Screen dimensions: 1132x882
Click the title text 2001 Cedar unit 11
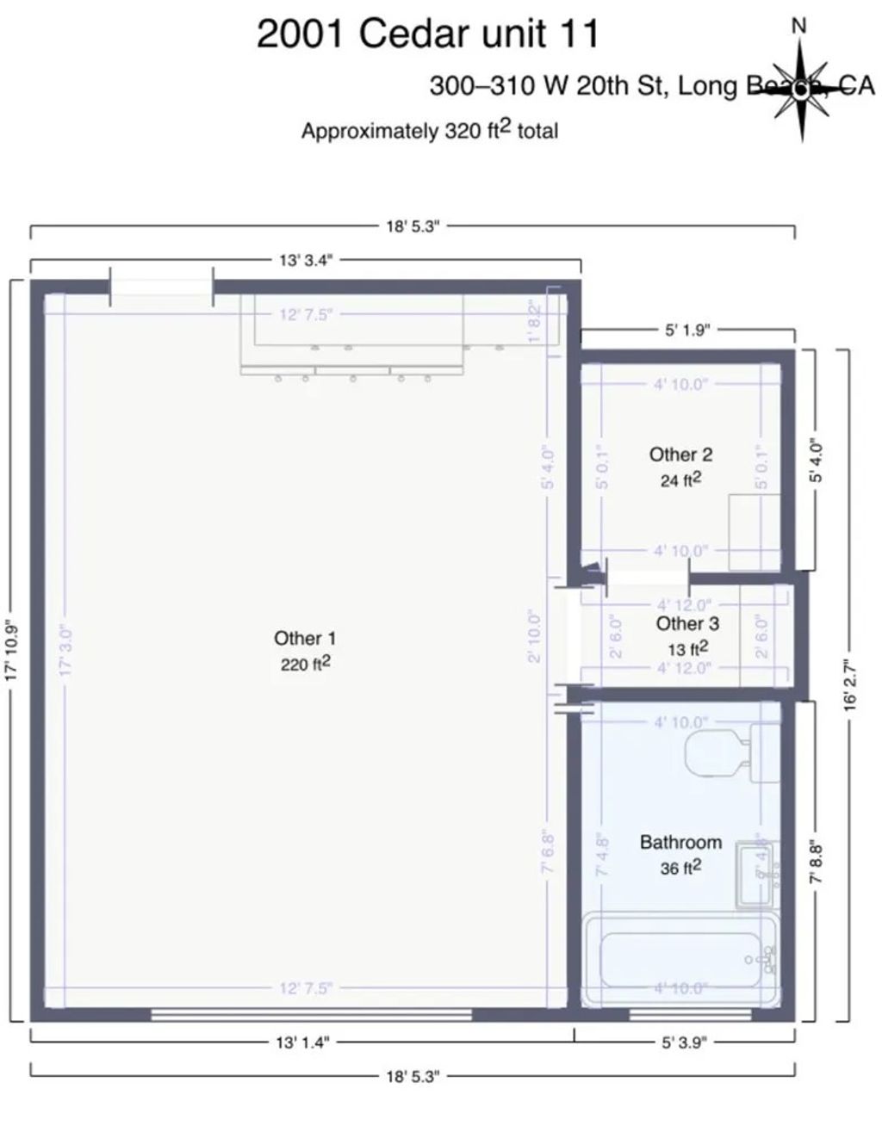(x=427, y=34)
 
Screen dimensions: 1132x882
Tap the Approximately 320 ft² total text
(x=429, y=131)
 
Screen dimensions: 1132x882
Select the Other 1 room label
(x=305, y=638)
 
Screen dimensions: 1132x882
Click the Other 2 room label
(x=680, y=455)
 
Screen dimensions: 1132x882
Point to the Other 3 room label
(x=686, y=623)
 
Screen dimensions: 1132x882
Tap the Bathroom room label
(x=680, y=842)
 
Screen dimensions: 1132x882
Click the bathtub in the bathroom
(x=680, y=960)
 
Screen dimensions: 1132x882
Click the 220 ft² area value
(x=305, y=664)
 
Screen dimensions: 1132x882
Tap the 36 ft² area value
(x=680, y=868)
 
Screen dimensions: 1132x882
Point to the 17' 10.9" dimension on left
(x=11, y=651)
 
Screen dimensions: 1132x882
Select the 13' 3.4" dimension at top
(x=305, y=260)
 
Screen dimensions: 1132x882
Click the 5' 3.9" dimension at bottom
(x=685, y=1042)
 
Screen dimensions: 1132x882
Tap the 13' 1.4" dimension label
(x=302, y=1042)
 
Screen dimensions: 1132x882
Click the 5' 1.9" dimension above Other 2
(x=686, y=330)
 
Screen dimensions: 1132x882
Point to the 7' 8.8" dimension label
(x=817, y=863)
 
